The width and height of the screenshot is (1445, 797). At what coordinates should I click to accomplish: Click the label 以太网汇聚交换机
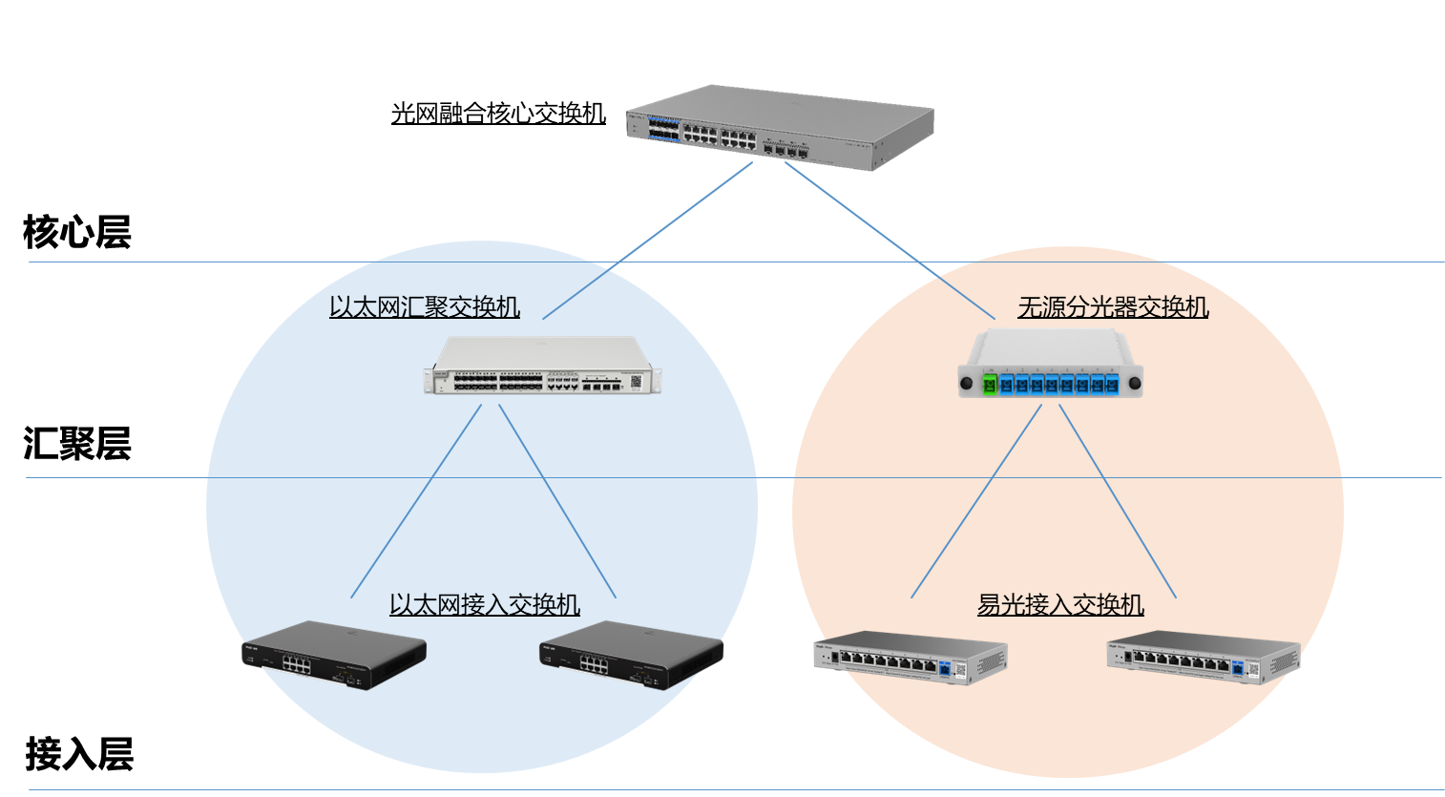point(425,307)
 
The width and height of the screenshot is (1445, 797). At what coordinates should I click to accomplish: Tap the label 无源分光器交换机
point(1113,307)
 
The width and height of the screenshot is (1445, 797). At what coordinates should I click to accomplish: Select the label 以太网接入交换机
point(485,605)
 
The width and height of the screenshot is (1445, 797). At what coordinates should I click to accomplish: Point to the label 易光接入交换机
point(1060,605)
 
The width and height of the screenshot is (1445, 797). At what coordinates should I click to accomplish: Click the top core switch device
point(780,128)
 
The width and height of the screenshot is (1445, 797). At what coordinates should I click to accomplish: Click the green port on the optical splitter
point(990,385)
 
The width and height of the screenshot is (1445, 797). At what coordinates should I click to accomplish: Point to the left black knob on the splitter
point(966,385)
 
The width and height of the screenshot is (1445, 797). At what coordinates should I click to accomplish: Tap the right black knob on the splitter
point(1135,385)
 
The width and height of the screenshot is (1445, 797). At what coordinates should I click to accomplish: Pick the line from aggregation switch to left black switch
point(416,502)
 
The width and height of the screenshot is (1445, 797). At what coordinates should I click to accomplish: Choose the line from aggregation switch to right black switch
point(557,502)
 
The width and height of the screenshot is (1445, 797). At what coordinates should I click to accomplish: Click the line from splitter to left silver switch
point(976,502)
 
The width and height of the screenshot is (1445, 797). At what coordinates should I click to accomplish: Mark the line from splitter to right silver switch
point(1118,502)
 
